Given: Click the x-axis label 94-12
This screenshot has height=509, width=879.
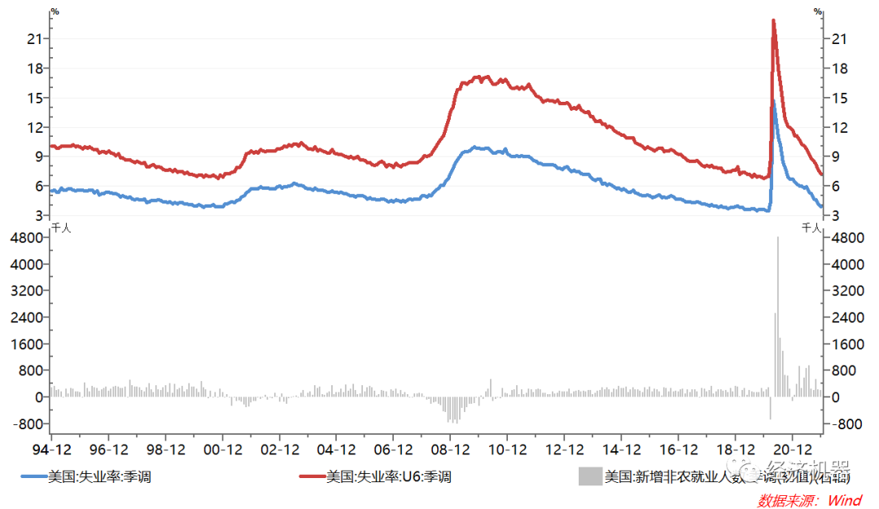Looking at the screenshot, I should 51,450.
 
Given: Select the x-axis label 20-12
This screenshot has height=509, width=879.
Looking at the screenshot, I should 792,450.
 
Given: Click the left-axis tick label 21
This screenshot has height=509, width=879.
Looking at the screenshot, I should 34,38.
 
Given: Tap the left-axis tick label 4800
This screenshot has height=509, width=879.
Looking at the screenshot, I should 28,237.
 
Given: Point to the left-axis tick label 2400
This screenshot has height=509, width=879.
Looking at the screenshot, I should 28,317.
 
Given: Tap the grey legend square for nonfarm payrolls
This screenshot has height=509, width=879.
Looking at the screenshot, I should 589,477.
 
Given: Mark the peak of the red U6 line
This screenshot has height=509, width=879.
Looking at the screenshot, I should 772,20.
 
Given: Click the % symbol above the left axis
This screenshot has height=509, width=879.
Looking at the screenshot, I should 55,11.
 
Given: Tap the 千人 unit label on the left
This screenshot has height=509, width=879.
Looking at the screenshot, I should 61,228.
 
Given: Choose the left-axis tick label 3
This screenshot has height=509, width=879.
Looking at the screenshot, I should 38,215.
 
